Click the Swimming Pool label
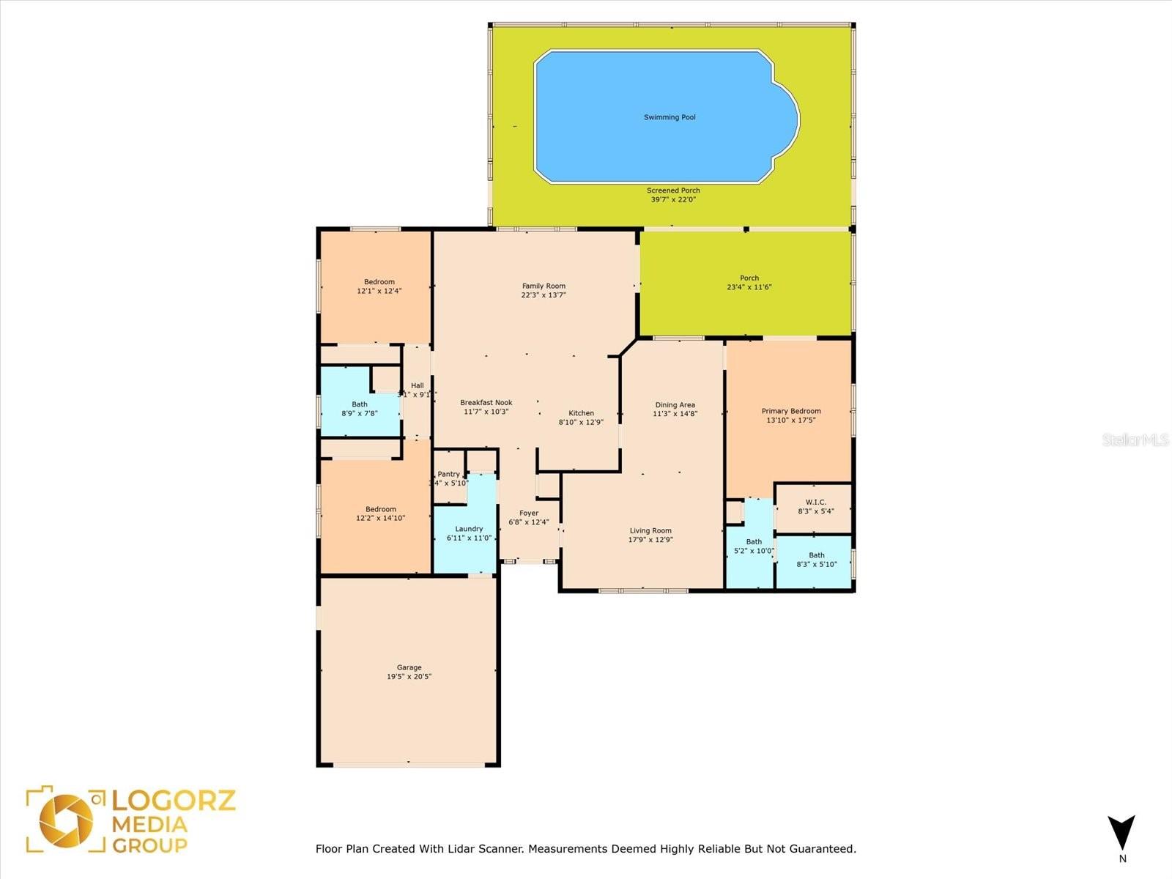[670, 117]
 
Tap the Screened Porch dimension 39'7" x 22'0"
[673, 199]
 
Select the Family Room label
[544, 286]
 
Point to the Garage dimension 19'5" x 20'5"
[409, 677]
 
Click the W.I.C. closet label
[815, 502]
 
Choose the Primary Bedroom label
[791, 411]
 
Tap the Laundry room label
[469, 529]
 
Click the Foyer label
[529, 513]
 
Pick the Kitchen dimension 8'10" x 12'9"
[581, 422]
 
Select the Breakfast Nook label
[486, 403]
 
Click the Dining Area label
[675, 405]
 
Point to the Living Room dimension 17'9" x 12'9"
[650, 540]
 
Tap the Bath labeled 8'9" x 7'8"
[360, 404]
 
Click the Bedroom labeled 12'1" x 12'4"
[379, 282]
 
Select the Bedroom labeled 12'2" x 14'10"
[381, 509]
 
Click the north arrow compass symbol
[1121, 834]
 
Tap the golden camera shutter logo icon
[66, 820]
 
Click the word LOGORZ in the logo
[174, 800]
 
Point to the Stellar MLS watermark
[1135, 439]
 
